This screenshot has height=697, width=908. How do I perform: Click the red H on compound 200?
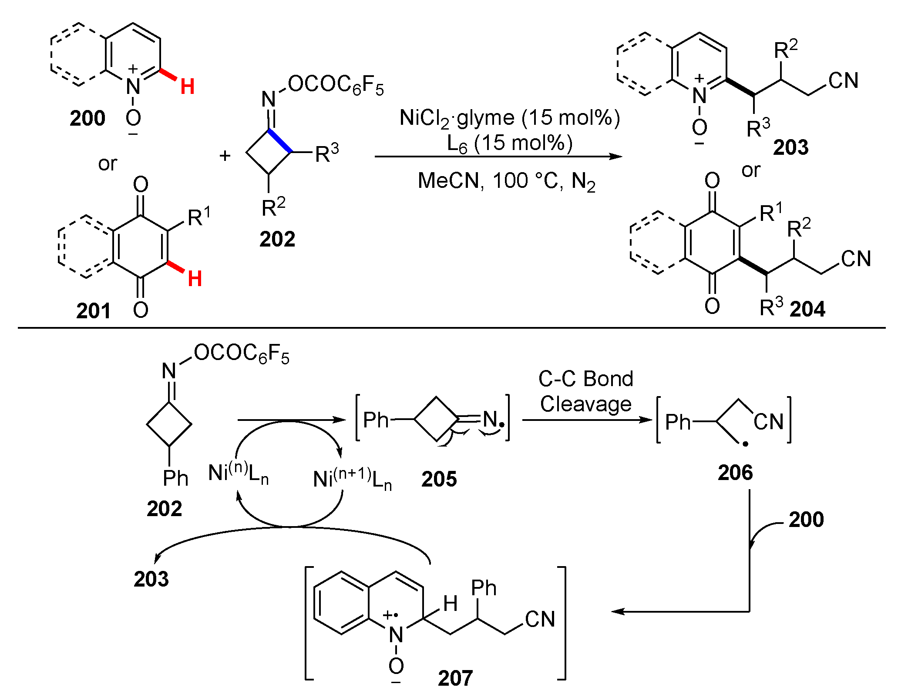tap(188, 87)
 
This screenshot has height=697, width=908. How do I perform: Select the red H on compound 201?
tap(195, 278)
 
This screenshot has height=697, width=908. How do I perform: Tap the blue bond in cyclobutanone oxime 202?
tap(280, 140)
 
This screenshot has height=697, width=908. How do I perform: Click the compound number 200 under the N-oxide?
tap(87, 118)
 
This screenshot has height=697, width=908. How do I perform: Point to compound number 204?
tap(807, 309)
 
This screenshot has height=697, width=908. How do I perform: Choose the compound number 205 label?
tap(439, 479)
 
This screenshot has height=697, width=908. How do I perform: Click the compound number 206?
tap(735, 472)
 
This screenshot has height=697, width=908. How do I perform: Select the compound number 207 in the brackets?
tap(455, 678)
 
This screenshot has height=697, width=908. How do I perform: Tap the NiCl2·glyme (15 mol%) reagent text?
tap(510, 118)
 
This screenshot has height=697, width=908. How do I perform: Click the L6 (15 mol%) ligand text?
tap(510, 143)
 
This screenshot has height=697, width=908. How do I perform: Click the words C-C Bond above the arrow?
tap(585, 379)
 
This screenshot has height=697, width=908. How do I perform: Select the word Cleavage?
tap(585, 404)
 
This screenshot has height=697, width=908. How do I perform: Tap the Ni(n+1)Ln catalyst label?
tap(352, 479)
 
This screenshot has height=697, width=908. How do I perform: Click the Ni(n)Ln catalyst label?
tap(238, 473)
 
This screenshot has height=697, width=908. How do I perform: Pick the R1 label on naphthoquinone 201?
tap(199, 217)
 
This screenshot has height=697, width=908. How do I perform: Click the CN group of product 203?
tap(843, 80)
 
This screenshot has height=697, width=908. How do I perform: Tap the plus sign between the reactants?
tap(225, 155)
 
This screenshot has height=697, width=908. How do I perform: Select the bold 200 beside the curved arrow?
tap(806, 520)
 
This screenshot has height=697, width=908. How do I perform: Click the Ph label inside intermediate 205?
tap(375, 420)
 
